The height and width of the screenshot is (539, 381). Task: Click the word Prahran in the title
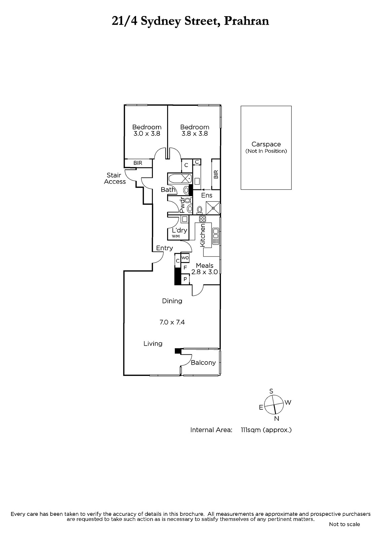(x=247, y=21)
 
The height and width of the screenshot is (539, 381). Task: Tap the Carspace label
(x=266, y=144)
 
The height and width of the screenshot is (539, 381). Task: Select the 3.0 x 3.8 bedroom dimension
(x=147, y=133)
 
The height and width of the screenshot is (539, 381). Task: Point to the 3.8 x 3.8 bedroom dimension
(x=195, y=133)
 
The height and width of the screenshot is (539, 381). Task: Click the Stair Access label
(x=115, y=178)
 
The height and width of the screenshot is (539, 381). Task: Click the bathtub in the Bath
(x=180, y=179)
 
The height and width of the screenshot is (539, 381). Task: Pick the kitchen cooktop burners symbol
(x=202, y=219)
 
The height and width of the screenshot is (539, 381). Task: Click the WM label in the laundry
(x=176, y=236)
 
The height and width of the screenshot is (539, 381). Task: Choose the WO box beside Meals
(x=185, y=258)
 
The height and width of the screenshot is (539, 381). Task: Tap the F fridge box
(x=185, y=267)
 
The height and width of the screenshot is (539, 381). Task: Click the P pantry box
(x=185, y=279)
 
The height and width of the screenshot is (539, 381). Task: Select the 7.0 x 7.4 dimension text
(x=172, y=322)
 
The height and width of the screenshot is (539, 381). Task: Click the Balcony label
(x=203, y=362)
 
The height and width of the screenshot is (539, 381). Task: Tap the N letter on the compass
(x=277, y=419)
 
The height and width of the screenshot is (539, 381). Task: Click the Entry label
(x=164, y=248)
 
